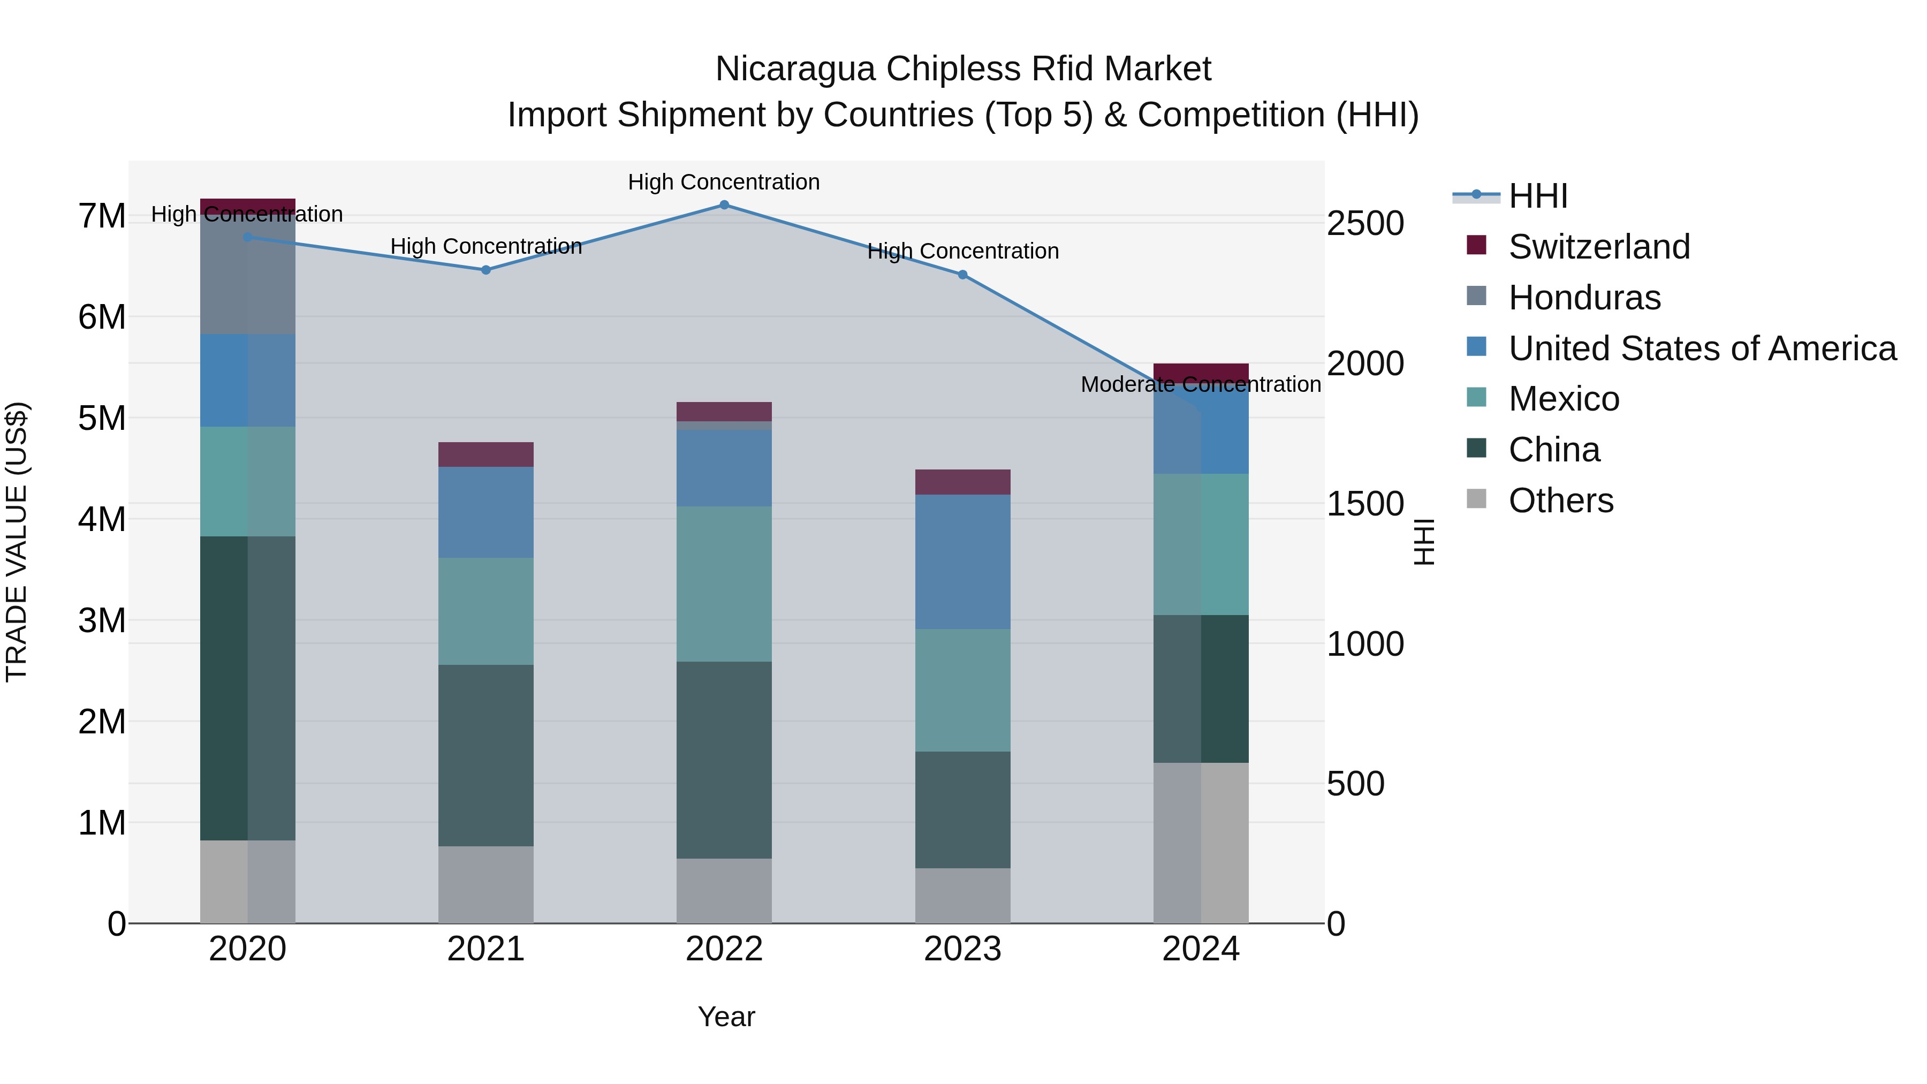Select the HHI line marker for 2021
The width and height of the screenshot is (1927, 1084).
pos(485,270)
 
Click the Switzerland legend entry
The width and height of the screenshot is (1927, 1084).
pos(1598,247)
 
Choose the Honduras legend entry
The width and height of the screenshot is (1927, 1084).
pos(1584,298)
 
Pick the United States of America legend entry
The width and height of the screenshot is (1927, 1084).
pos(1702,348)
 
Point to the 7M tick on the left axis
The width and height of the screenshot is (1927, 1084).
pos(102,216)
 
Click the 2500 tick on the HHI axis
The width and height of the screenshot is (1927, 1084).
pos(1364,224)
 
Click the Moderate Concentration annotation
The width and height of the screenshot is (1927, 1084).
pos(1200,384)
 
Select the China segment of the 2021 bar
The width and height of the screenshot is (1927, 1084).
pos(485,755)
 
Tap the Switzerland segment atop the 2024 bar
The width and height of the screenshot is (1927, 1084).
pos(1200,373)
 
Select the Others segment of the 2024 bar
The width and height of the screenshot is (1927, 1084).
pos(1200,843)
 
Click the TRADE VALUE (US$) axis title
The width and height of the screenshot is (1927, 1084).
pos(17,542)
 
